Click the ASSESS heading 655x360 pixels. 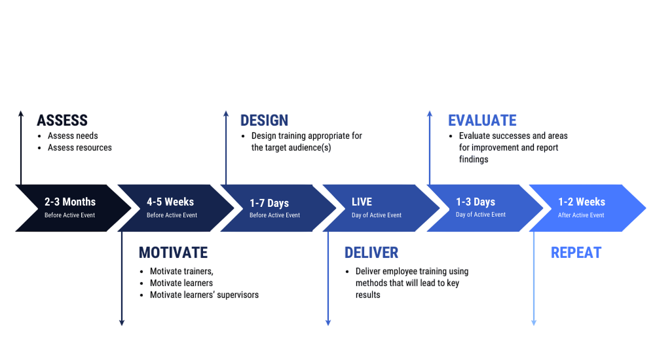[x=62, y=120]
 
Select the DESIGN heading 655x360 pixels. [x=264, y=120]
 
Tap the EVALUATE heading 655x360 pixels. [x=482, y=120]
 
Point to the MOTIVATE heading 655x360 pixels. [x=173, y=253]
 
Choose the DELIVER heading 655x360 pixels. [x=371, y=253]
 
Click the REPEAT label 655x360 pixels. [x=576, y=253]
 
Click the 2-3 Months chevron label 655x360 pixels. [x=70, y=202]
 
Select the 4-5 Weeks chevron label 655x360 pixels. [x=170, y=202]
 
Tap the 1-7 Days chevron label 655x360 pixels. [x=269, y=203]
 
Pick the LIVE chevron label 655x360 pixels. [x=362, y=202]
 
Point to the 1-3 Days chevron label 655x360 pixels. [x=476, y=202]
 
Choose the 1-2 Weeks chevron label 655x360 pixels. [x=582, y=202]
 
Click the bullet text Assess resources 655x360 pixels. [x=80, y=147]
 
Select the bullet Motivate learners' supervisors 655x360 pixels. [x=204, y=295]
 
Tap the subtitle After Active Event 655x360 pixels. [x=582, y=215]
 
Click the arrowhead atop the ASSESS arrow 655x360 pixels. [x=21, y=114]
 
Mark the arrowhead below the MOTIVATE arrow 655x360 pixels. [x=122, y=322]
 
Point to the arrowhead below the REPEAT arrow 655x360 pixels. [x=534, y=322]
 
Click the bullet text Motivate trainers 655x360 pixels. [x=181, y=271]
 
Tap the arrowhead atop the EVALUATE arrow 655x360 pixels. [x=430, y=114]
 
